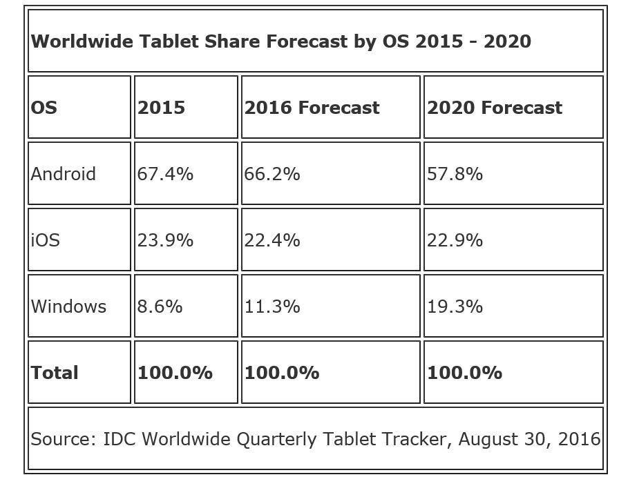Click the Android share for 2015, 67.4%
[165, 174]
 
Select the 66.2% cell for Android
[272, 174]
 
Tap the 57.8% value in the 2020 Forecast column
[455, 174]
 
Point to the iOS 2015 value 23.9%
[165, 240]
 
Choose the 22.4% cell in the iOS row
[272, 240]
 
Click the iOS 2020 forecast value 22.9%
[455, 240]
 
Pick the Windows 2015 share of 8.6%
[160, 307]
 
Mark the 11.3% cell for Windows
[272, 307]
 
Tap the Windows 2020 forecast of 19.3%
[455, 307]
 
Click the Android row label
[63, 174]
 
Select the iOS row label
[46, 240]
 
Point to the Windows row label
[68, 307]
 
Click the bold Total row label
[55, 373]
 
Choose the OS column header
[44, 108]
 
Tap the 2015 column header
[161, 108]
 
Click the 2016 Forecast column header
[312, 108]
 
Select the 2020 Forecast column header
[495, 108]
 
